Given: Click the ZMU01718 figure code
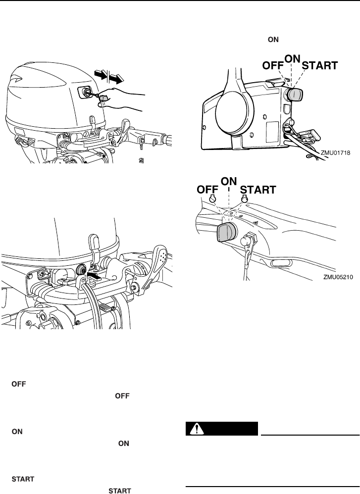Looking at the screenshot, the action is click(335, 154).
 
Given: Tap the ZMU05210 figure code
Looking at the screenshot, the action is click(335, 277).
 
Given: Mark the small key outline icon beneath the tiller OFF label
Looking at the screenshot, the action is click(212, 199).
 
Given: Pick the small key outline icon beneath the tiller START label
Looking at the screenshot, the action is click(244, 199).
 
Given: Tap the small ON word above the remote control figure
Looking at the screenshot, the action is click(273, 41).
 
